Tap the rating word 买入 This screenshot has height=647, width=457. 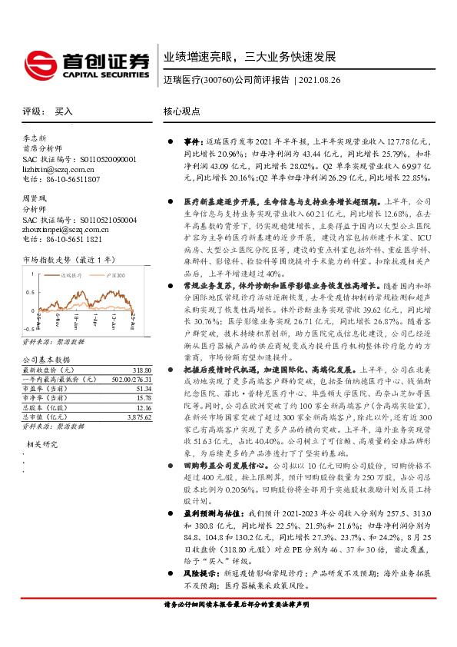[64, 111]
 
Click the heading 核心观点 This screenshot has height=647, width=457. [182, 111]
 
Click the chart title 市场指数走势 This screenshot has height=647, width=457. [47, 260]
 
